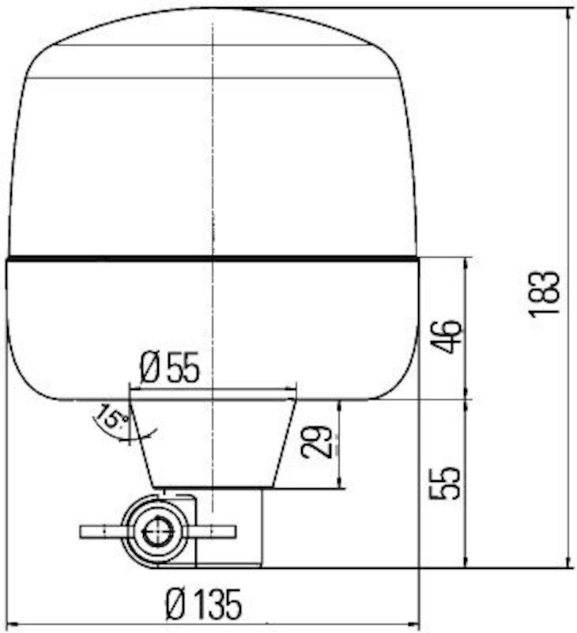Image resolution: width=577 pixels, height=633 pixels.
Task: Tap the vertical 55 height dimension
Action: [x=444, y=483]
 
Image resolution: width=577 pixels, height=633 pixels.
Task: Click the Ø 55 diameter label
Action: [x=170, y=368]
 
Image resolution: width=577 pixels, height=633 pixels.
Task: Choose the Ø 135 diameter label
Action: [x=203, y=605]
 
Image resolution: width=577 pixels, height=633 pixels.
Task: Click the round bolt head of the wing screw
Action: [x=158, y=531]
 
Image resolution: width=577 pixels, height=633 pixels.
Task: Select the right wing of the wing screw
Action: [x=215, y=531]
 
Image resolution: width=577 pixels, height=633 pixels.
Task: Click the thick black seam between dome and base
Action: [x=212, y=258]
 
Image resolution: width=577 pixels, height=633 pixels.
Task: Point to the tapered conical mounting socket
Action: [x=213, y=443]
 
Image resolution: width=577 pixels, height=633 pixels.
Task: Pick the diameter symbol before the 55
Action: [x=151, y=368]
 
